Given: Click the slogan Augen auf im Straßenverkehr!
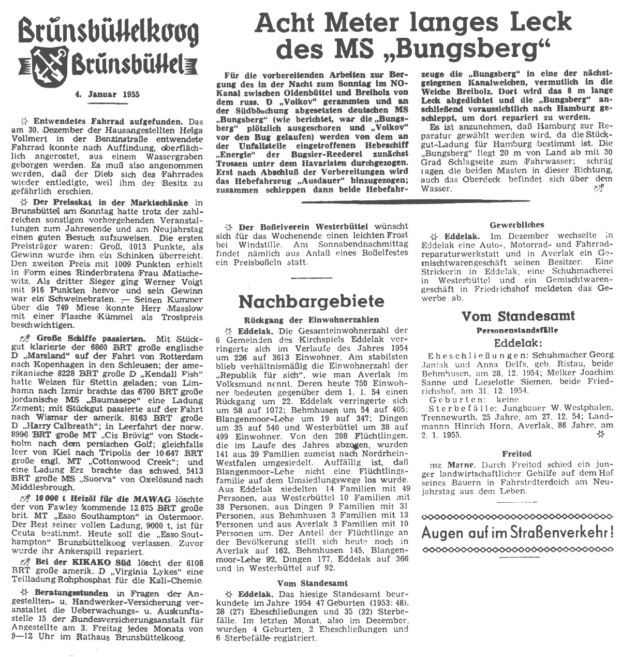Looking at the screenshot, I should (518, 532).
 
